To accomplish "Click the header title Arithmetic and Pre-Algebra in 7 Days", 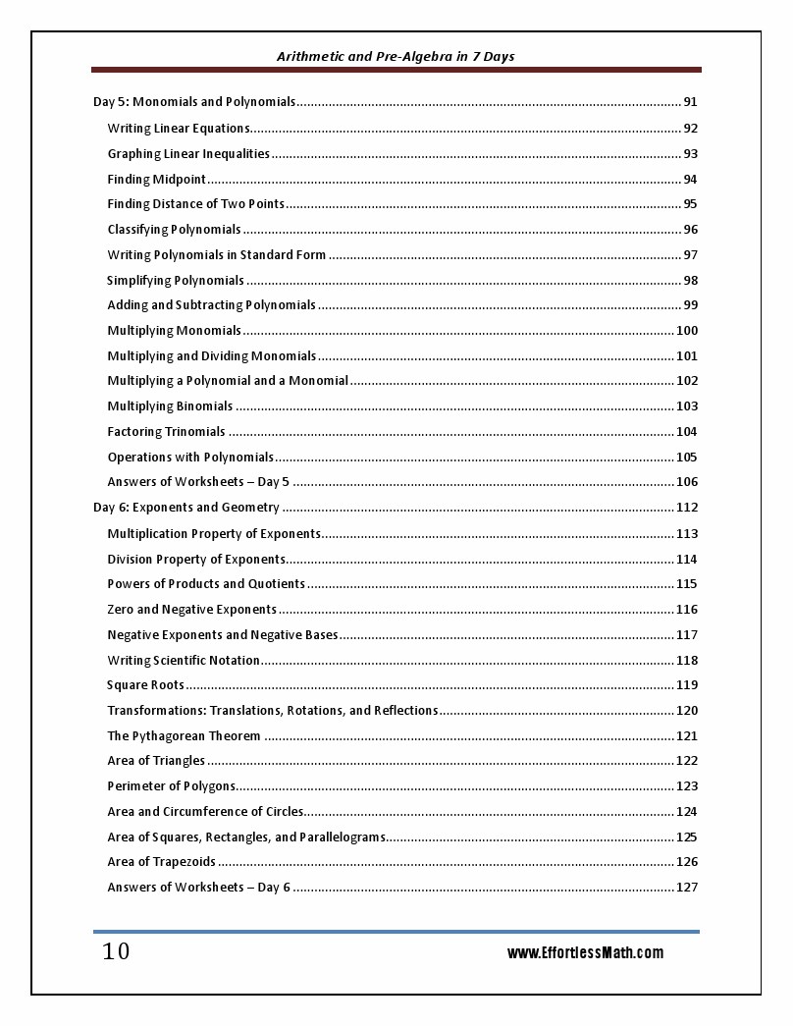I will (x=396, y=56).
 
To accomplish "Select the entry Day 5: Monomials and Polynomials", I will (x=194, y=102).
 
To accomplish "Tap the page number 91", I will (x=690, y=102).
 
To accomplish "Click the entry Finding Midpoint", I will (x=157, y=179).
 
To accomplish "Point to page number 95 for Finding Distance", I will (x=690, y=204).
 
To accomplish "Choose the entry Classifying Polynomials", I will (x=174, y=230).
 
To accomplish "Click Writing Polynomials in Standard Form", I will (x=217, y=255).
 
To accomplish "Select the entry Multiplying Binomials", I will (x=170, y=406).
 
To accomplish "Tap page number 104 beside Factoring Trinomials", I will (x=687, y=432).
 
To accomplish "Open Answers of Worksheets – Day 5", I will (x=198, y=482).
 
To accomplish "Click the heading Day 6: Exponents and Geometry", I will (x=186, y=508).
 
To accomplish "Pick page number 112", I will (x=687, y=508).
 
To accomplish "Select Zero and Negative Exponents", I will (x=192, y=610).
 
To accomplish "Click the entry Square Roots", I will (x=145, y=685).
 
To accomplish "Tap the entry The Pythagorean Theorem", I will (x=184, y=736).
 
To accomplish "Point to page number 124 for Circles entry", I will (x=687, y=812).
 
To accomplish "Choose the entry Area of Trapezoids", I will (x=161, y=862).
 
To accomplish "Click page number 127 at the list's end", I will (x=687, y=888).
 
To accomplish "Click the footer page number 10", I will (x=116, y=952).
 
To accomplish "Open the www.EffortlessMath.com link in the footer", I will (x=585, y=953).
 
